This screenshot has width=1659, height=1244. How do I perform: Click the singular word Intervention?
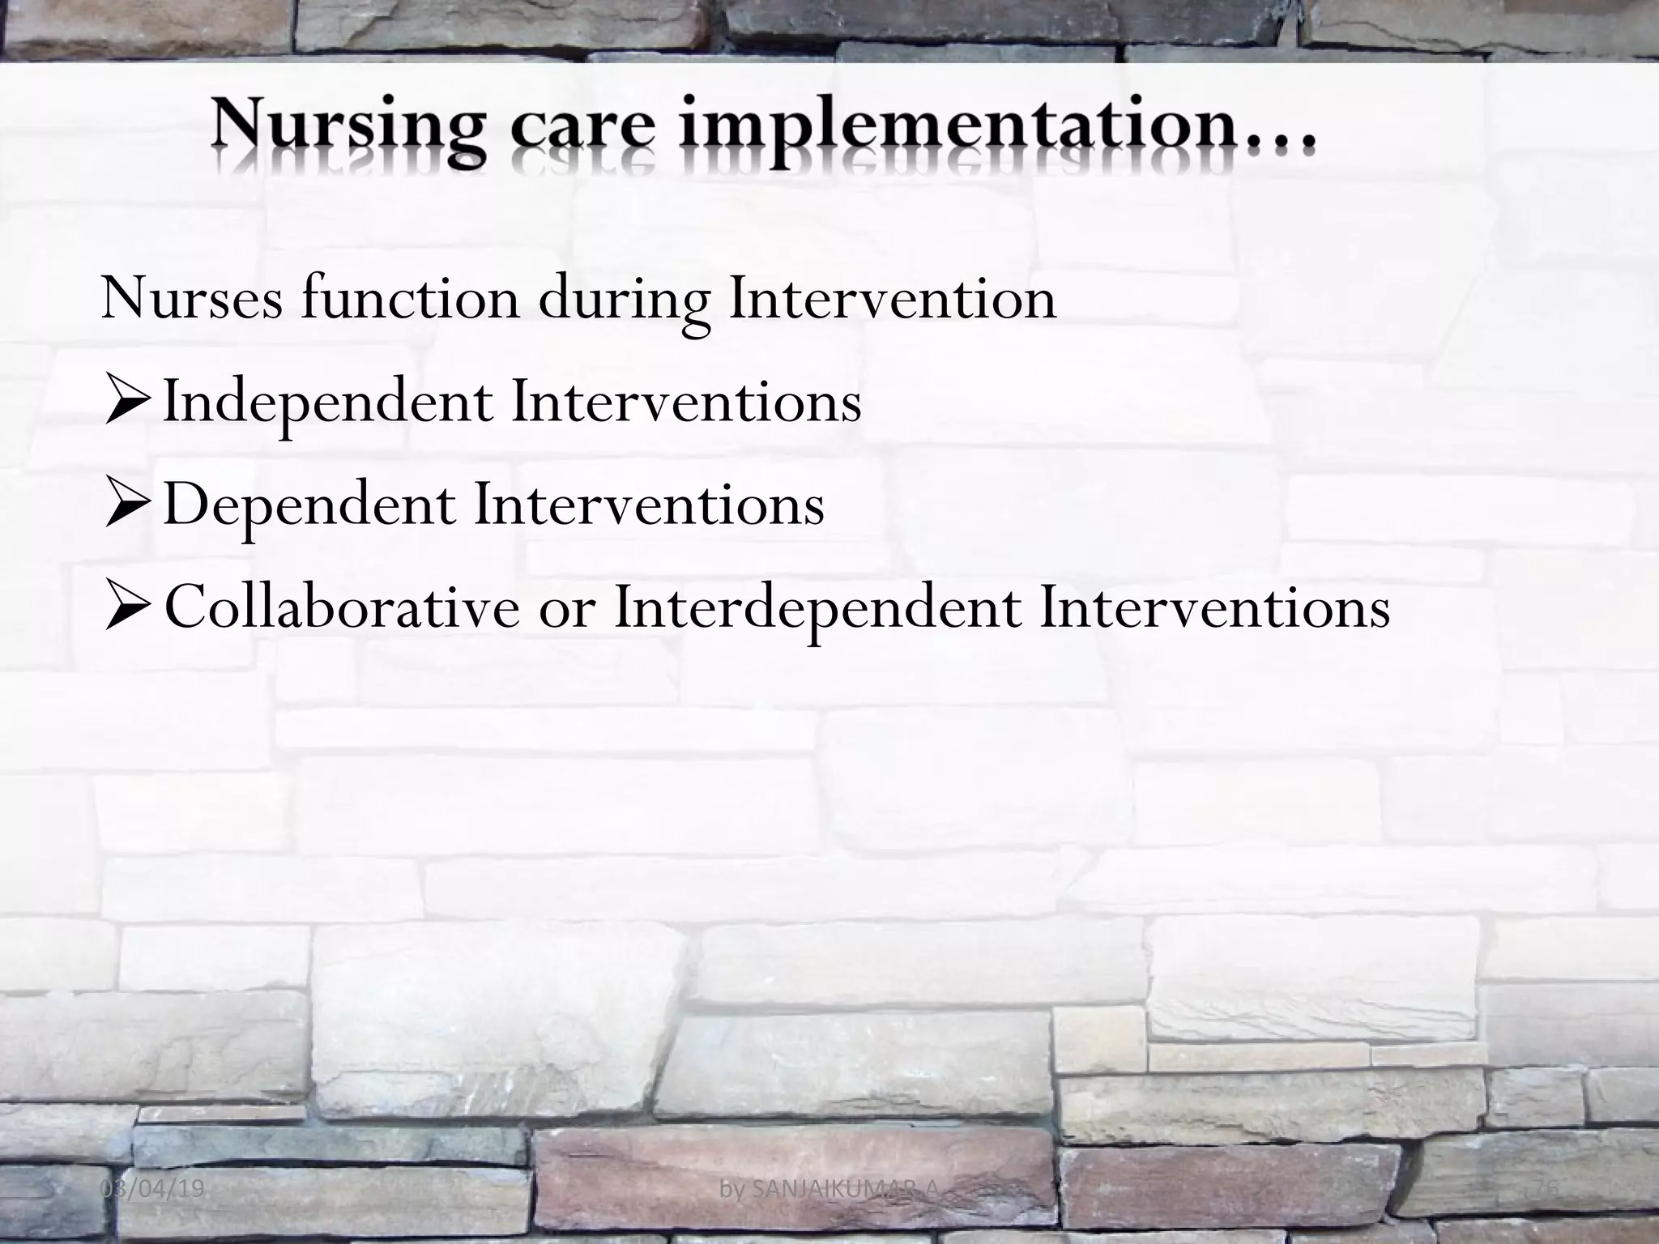[892, 298]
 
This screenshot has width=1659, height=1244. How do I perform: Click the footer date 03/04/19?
[155, 1189]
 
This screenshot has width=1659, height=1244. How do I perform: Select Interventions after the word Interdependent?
[1215, 608]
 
